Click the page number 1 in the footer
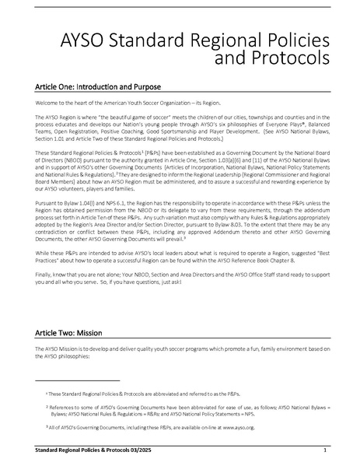323,450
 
